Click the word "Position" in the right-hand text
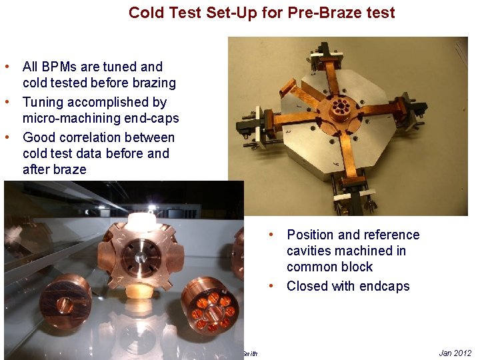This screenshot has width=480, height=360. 311,235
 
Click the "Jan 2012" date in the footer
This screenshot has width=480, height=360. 455,353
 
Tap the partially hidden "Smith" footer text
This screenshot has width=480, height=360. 249,353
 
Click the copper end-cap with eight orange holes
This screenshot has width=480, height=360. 209,306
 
